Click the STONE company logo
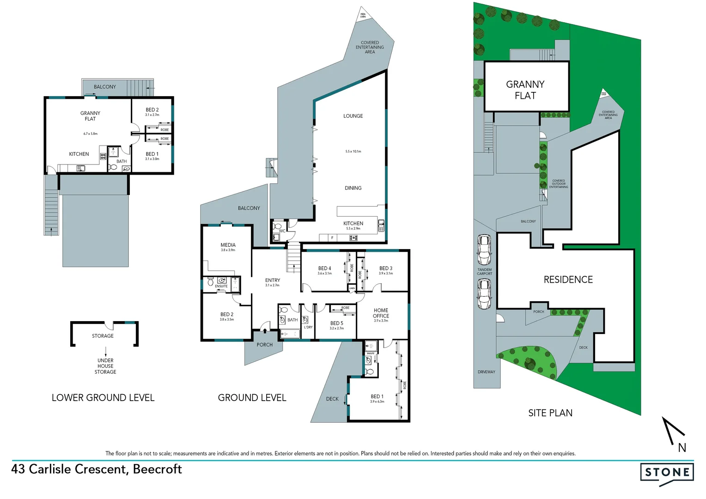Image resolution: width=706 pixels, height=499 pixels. click(667, 473)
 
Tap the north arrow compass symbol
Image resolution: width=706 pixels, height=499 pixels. click(674, 432)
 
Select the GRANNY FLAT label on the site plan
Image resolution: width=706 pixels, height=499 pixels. click(525, 90)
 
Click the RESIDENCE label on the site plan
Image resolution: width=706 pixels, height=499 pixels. click(568, 280)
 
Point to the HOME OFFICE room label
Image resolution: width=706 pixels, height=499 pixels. click(381, 313)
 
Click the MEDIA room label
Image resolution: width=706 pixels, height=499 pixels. click(228, 245)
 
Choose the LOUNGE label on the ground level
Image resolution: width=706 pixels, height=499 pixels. click(353, 116)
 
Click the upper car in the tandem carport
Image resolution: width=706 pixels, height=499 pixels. click(484, 249)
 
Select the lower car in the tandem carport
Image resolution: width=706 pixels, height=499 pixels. click(484, 294)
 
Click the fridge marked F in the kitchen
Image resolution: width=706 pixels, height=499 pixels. click(332, 238)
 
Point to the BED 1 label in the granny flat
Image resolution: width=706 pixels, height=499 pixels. click(152, 154)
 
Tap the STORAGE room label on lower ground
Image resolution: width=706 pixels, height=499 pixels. click(103, 336)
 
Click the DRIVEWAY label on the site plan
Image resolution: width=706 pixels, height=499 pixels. click(486, 372)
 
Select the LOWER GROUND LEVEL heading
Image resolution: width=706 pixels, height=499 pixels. click(103, 398)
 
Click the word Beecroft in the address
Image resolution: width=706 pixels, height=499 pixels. click(157, 469)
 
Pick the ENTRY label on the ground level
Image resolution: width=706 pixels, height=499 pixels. click(272, 280)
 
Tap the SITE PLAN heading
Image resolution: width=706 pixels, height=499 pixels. click(550, 413)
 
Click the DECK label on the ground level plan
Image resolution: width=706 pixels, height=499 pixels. click(332, 399)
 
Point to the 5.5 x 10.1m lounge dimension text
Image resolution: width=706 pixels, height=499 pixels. click(353, 152)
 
